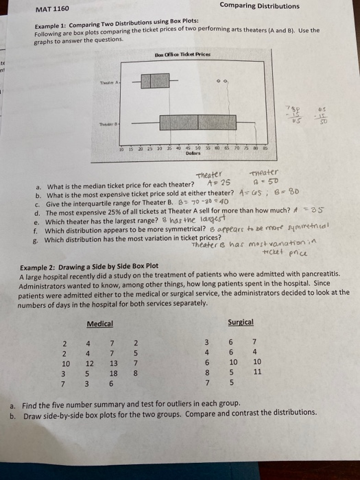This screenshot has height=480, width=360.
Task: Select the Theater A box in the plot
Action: [151, 81]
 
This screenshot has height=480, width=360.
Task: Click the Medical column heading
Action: [99, 323]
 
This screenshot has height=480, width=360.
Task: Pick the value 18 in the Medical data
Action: [113, 375]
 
